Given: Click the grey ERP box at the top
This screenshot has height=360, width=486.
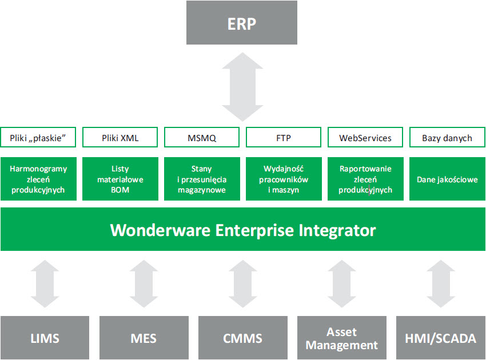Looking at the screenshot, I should (242, 23).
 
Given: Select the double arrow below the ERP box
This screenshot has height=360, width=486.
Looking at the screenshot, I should (242, 86).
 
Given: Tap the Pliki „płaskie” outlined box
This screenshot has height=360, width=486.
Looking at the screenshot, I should (38, 138).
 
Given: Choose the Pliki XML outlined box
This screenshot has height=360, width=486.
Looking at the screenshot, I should (120, 138).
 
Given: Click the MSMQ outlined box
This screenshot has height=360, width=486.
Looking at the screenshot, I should (202, 138).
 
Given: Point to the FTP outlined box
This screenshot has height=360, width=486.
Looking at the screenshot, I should (284, 138).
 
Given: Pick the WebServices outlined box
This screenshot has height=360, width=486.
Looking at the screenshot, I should (365, 138).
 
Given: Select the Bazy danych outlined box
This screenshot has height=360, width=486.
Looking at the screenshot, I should (447, 138).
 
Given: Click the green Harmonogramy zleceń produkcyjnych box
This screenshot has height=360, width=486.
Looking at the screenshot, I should (38, 179).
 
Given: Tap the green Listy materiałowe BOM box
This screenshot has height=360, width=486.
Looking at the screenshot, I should (120, 179).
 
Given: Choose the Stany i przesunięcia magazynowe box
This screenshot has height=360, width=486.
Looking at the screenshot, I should (202, 179).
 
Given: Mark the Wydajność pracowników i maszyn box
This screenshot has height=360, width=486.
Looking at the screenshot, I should (284, 179).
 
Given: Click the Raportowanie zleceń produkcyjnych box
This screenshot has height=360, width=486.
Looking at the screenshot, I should (365, 179).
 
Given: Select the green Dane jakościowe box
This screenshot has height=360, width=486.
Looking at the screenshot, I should (447, 179).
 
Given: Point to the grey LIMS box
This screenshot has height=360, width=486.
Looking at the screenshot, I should (45, 338).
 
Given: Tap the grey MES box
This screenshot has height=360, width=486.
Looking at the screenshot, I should (144, 338).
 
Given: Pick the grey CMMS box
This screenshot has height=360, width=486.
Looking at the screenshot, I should (242, 338).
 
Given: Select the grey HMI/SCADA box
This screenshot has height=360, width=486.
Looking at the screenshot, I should (440, 338).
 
